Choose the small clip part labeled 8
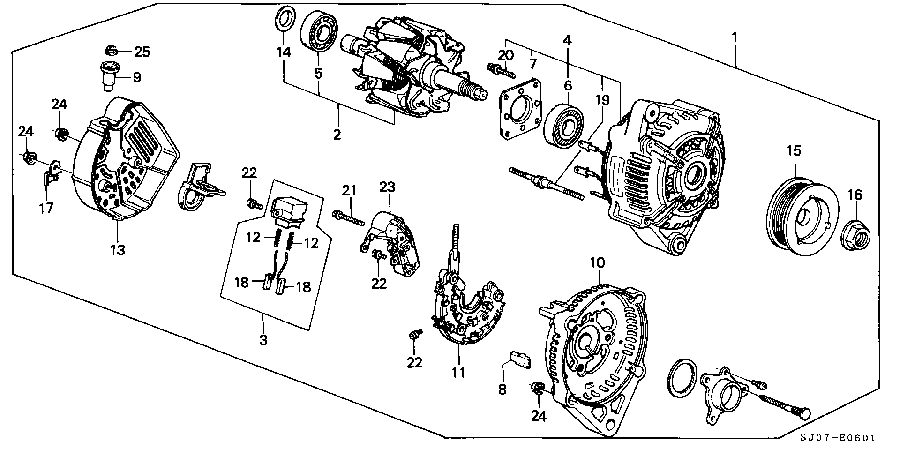[519, 361]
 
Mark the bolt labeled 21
[348, 218]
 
